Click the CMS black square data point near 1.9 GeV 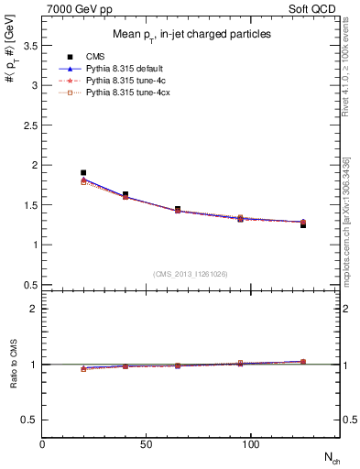click(x=83, y=172)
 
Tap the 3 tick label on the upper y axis click(x=34, y=85)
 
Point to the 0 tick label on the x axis click(x=42, y=443)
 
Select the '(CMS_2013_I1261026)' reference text click(x=191, y=274)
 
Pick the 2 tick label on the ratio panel click(x=34, y=309)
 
